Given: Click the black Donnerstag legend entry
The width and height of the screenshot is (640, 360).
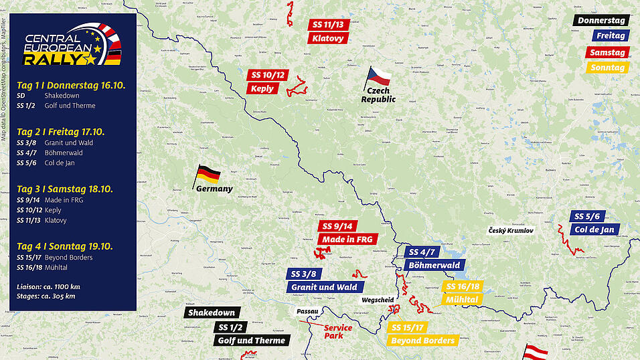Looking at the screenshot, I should [601, 21].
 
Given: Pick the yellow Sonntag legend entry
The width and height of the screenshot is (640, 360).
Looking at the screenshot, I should [607, 68].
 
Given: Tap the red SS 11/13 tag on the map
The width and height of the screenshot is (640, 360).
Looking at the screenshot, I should [328, 24].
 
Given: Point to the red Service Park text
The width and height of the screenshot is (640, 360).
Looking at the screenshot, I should [337, 331].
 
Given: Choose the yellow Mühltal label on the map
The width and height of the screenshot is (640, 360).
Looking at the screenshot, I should [460, 299].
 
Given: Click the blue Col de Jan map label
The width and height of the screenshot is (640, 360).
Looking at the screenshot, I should [593, 230].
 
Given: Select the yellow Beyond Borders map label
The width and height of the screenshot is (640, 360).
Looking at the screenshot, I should [423, 341].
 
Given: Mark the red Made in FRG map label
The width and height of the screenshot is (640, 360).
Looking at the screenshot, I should [348, 239].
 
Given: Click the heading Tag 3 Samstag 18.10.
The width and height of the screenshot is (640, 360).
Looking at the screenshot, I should [65, 189].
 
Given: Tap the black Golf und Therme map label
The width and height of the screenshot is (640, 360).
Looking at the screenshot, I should [251, 341].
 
